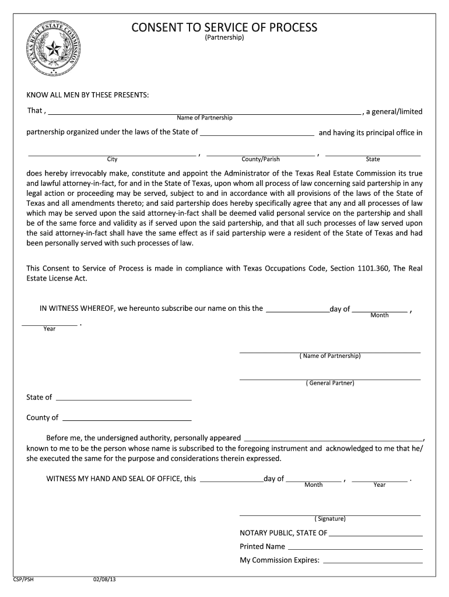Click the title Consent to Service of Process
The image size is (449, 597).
click(x=224, y=27)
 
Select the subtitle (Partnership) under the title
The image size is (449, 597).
click(x=224, y=38)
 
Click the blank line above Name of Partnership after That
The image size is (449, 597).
click(x=204, y=112)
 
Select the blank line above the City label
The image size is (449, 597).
click(x=112, y=154)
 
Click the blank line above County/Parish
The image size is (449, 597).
click(x=261, y=154)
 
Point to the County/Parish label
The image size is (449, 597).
click(x=261, y=159)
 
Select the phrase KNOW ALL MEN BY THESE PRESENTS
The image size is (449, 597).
click(x=87, y=95)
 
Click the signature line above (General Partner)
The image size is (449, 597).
click(x=330, y=378)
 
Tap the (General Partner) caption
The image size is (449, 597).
click(x=330, y=383)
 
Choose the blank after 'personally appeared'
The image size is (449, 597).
click(x=334, y=439)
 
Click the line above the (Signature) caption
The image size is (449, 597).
click(x=330, y=514)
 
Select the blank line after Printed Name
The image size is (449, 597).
click(x=355, y=548)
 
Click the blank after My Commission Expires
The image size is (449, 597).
click(x=373, y=561)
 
